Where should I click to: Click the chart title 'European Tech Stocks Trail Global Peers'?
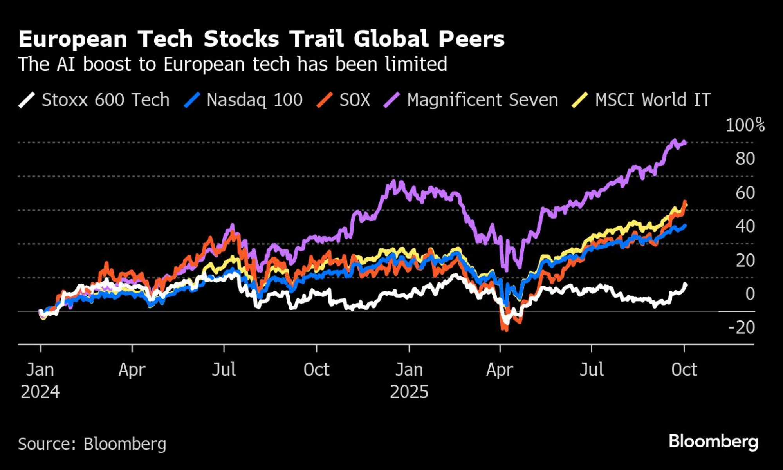click(261, 39)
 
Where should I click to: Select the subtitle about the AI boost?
click(233, 64)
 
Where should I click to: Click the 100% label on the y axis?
click(745, 125)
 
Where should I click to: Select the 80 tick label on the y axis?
click(745, 159)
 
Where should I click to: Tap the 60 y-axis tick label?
click(745, 193)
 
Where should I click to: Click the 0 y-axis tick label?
click(750, 294)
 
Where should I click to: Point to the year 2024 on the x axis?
click(40, 392)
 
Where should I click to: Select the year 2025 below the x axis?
click(409, 392)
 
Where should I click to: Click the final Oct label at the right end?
click(684, 370)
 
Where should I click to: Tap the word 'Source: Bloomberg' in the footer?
click(92, 444)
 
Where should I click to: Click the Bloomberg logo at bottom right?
click(713, 441)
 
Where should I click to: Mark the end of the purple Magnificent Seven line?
click(685, 143)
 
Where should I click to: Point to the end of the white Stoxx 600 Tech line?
click(686, 285)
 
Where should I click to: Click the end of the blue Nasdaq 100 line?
click(685, 226)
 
